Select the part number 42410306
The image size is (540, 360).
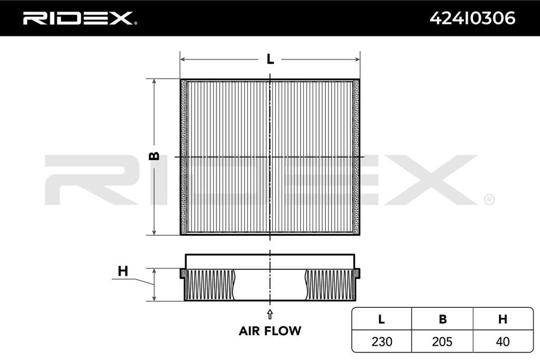[472, 18]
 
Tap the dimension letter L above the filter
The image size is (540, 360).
[271, 59]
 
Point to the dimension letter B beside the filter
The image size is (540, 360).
[155, 156]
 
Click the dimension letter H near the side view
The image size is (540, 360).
[123, 271]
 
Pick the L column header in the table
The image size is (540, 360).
[381, 319]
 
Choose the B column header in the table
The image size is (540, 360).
[442, 319]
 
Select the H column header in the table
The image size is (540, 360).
[503, 319]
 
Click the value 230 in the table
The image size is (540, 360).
[382, 342]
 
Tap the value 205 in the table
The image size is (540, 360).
[442, 342]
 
